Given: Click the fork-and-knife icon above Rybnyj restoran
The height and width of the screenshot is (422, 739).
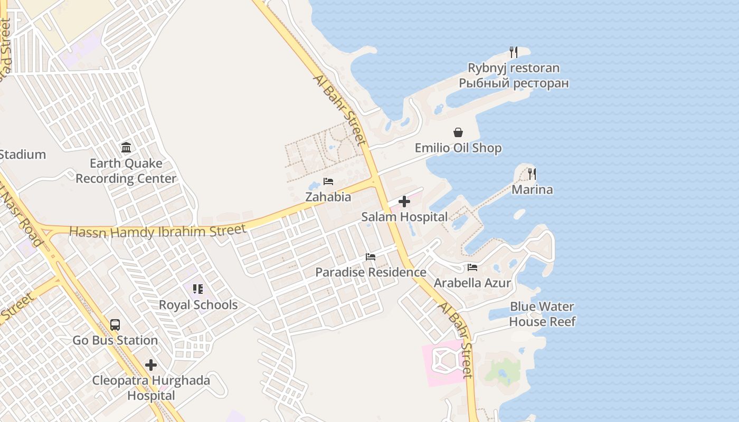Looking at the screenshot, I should (513, 52).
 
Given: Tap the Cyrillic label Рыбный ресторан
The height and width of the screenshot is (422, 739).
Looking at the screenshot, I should (513, 83).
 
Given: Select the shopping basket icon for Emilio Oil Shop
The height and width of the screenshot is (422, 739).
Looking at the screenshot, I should (458, 132).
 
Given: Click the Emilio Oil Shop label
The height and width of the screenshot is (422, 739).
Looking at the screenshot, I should (458, 148).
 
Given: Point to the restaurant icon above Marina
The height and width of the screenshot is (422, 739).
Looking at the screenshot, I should (532, 174).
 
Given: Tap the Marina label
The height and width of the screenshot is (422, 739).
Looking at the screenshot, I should (532, 189).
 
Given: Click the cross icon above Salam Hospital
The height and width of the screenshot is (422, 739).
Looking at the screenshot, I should (404, 202).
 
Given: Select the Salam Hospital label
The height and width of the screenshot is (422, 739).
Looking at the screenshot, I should (404, 217).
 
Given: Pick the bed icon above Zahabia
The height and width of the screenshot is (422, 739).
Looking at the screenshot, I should (328, 181).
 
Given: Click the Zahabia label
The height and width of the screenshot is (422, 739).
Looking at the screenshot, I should (328, 197).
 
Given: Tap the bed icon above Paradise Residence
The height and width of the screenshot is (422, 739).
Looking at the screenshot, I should (371, 257).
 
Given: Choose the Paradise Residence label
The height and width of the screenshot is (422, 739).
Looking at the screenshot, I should (371, 272).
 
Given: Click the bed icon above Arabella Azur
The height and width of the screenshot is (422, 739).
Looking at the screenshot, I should (472, 267).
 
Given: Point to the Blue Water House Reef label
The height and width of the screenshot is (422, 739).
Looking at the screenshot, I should (542, 314).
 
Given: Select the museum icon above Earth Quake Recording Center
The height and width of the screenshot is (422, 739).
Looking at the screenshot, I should (126, 147).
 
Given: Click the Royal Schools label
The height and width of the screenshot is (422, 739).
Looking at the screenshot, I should (198, 305).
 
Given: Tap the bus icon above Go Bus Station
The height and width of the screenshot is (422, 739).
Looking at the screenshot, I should (115, 325).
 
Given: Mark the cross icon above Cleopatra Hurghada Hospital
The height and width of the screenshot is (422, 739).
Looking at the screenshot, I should (151, 365).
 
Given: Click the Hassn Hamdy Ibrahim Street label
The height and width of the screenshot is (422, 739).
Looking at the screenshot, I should (158, 231).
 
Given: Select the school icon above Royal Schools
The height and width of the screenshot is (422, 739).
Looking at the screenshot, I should (198, 289).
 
